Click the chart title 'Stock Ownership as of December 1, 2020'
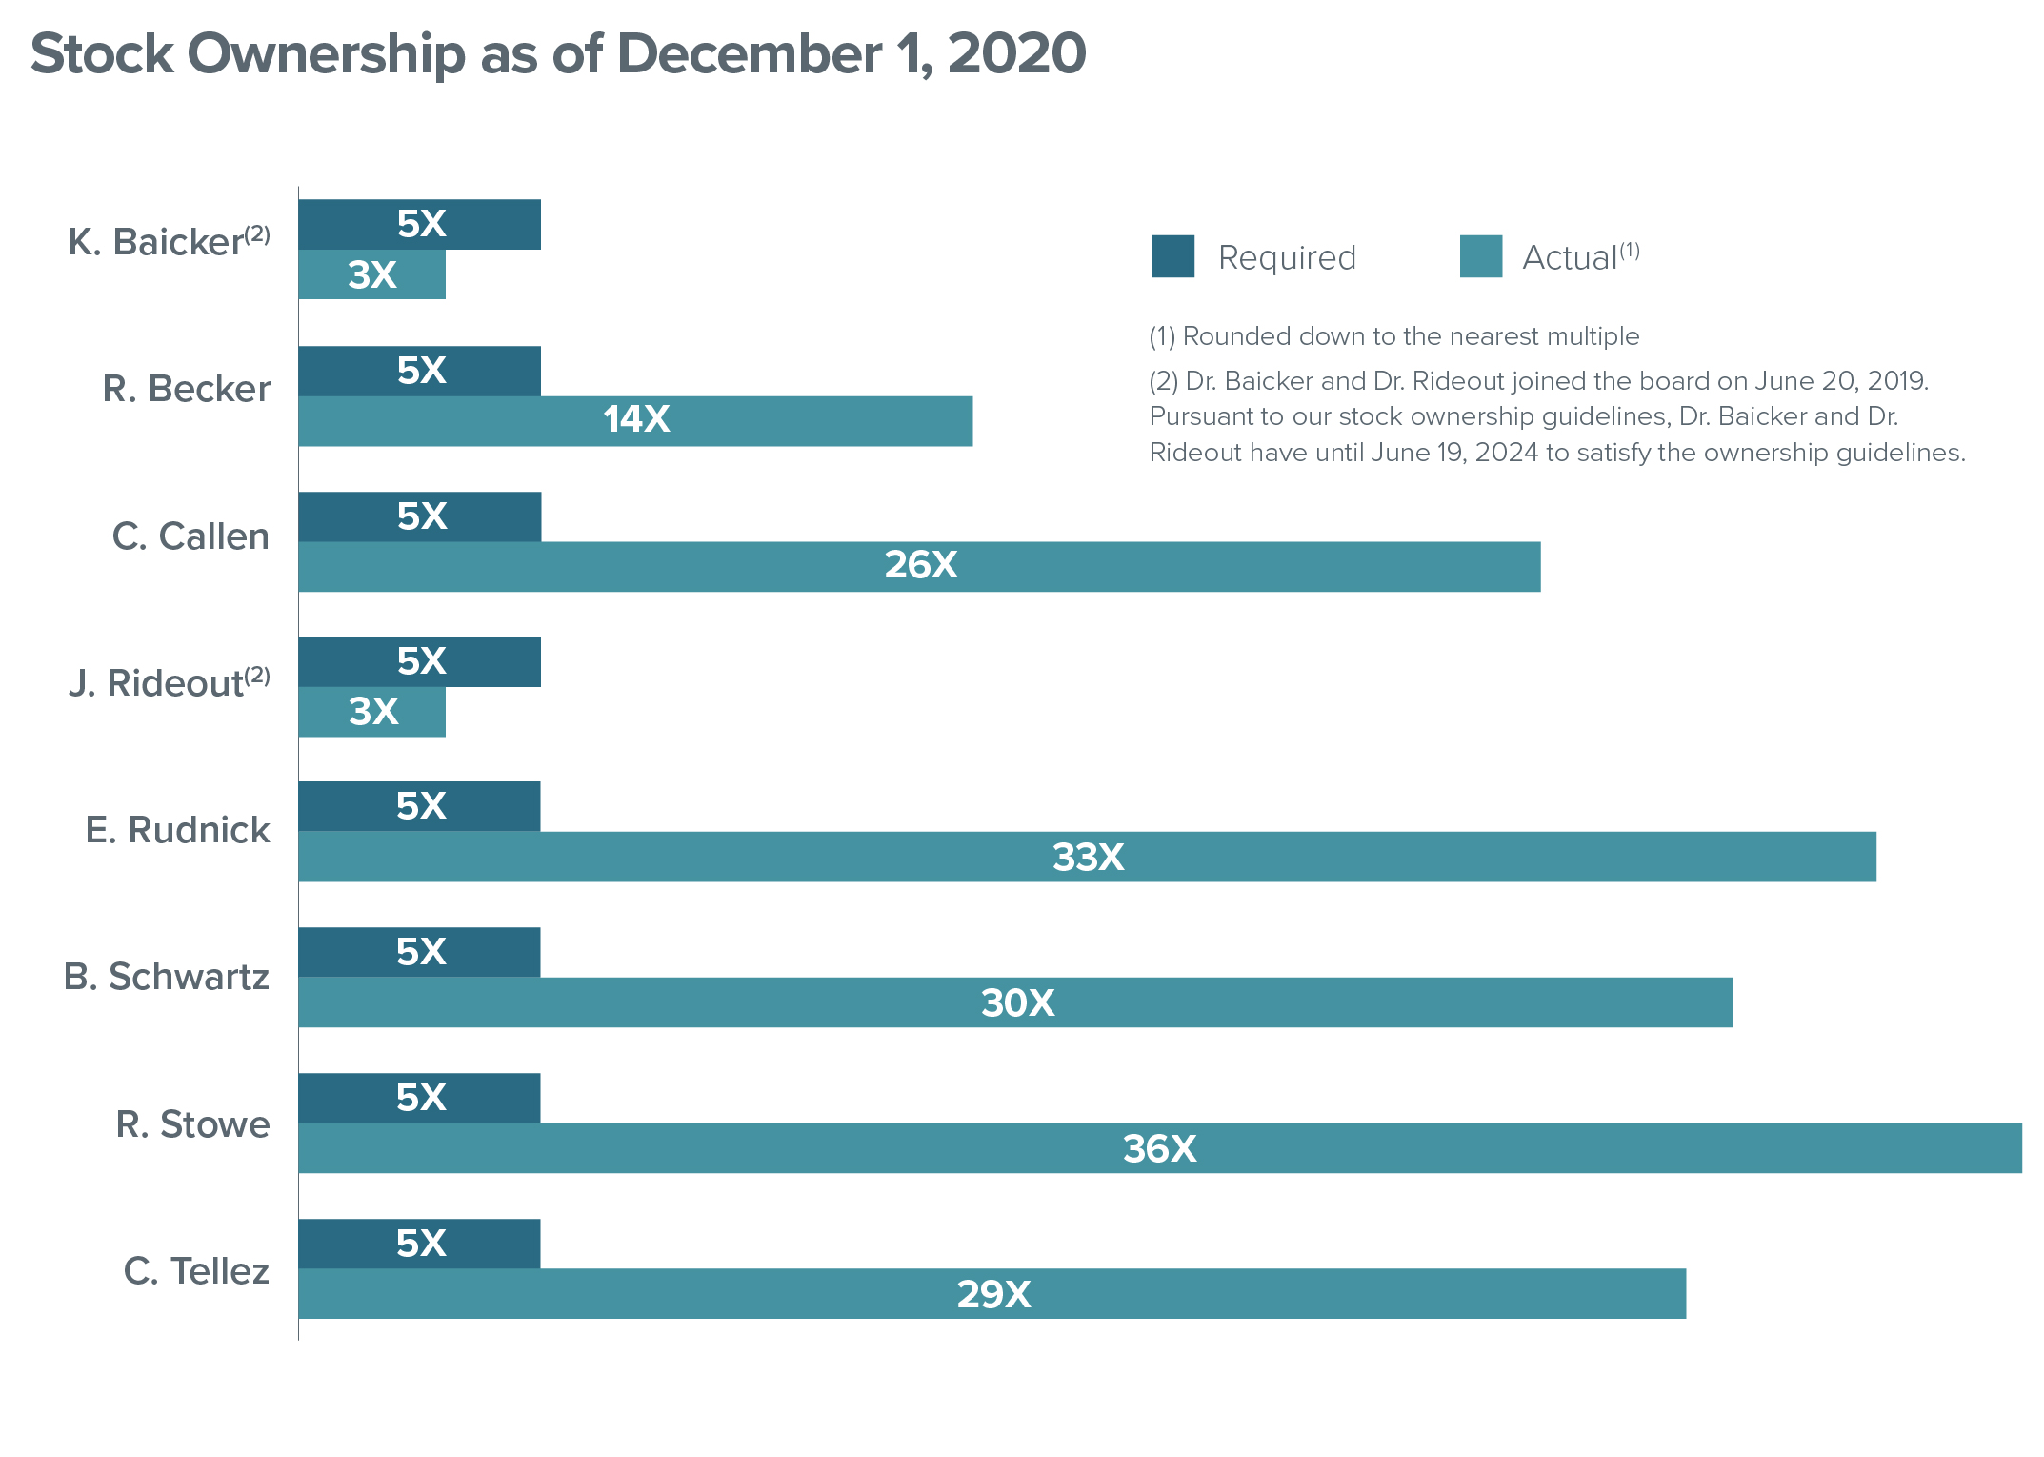coord(558,53)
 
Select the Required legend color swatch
coord(1172,256)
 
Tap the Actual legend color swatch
coord(1480,256)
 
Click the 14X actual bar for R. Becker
coord(635,421)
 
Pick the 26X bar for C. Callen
coord(919,567)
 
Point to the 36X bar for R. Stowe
coord(1159,1148)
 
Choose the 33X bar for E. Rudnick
coord(1087,857)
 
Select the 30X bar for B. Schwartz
coord(1015,1002)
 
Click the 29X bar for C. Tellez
coord(992,1294)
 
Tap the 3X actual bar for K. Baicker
coord(371,275)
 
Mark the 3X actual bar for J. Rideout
coord(371,712)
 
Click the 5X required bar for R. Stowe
coord(419,1098)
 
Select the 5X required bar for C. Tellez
coord(419,1244)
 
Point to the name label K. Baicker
coord(156,243)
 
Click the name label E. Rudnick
coord(177,830)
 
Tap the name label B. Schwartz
coord(167,977)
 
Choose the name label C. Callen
coord(190,536)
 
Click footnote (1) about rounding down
coord(1393,336)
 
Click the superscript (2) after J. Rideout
coord(257,676)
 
